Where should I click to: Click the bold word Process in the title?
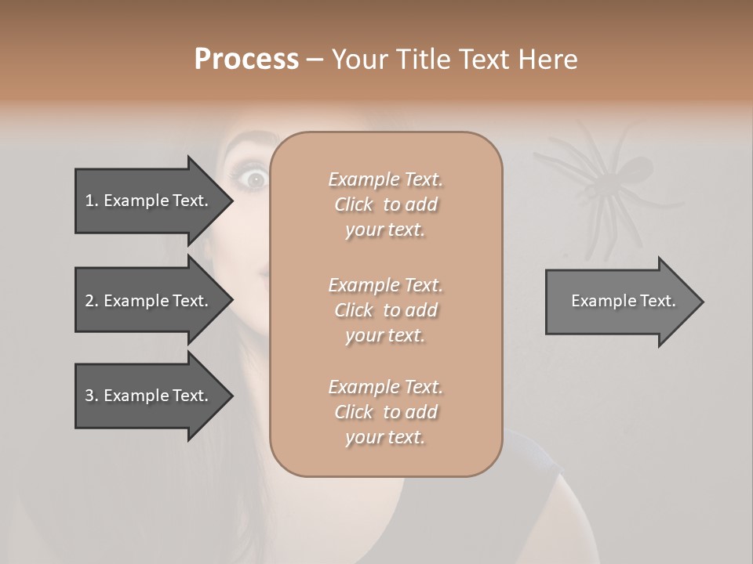tap(246, 60)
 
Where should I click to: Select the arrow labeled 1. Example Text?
tap(149, 201)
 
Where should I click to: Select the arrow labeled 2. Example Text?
tap(149, 301)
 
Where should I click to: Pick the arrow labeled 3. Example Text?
tap(149, 396)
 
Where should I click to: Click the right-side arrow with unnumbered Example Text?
tap(620, 301)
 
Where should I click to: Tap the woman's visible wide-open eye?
tap(255, 179)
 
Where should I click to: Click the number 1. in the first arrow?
tap(92, 201)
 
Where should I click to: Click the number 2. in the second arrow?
tap(92, 301)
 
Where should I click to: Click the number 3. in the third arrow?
tap(92, 396)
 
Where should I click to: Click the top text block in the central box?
tap(385, 204)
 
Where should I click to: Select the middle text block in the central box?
tap(385, 310)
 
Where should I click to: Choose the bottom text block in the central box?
tap(385, 412)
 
